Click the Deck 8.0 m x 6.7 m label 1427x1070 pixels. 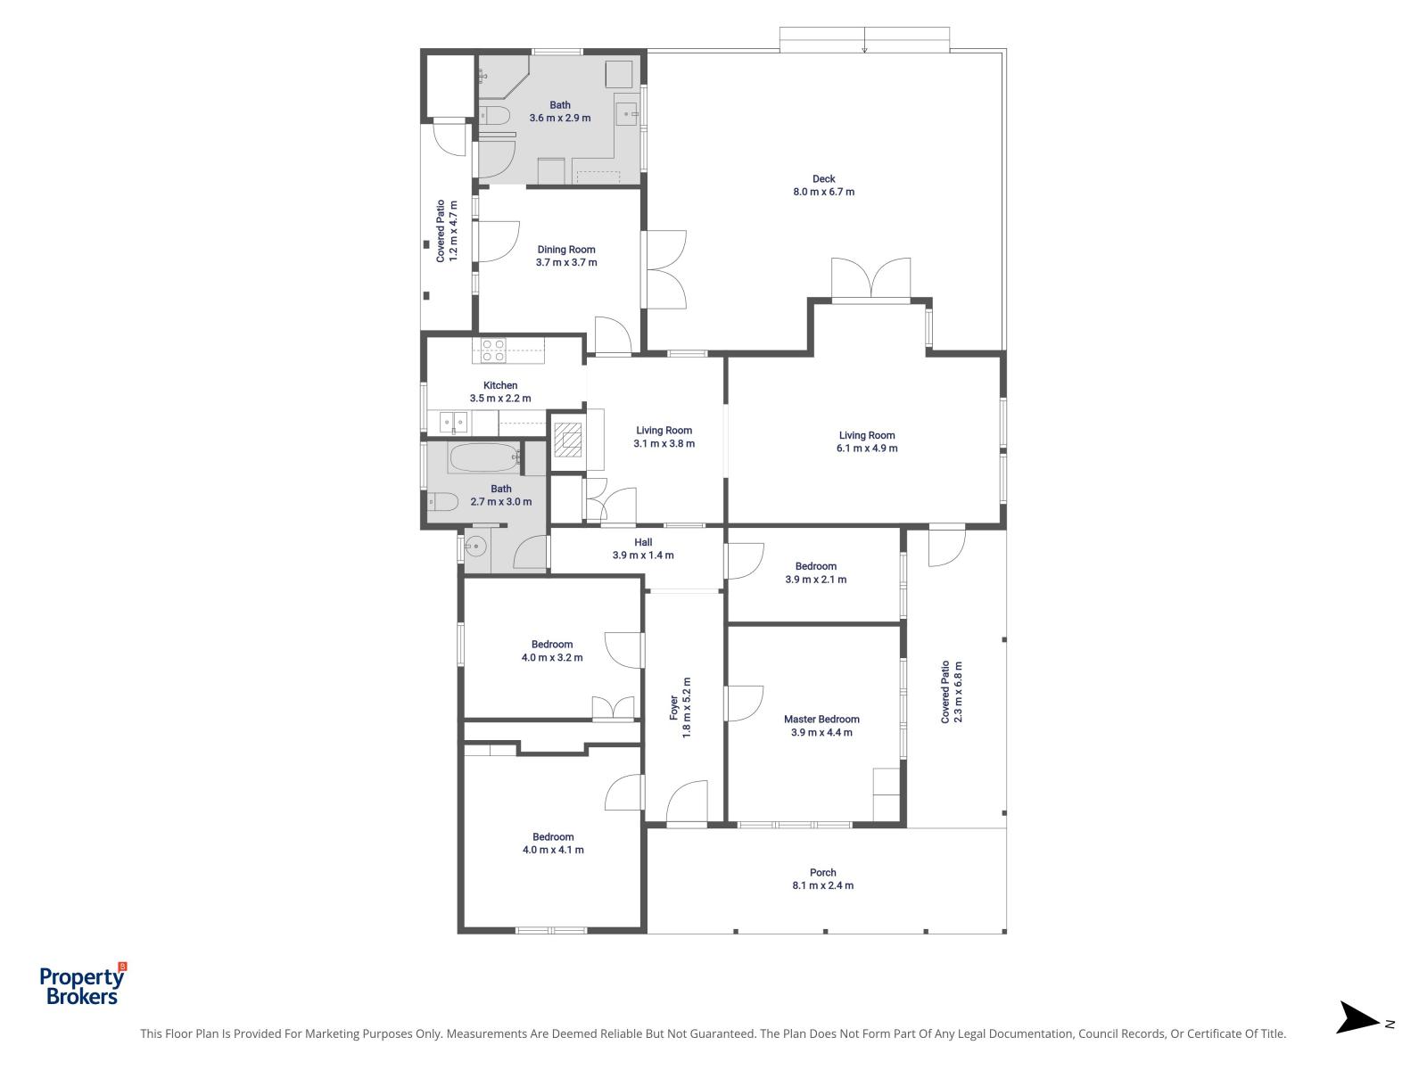coord(823,185)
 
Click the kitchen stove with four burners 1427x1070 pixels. coord(493,350)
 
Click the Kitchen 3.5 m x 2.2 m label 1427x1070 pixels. coord(500,391)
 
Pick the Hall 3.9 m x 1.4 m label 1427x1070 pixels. coord(643,548)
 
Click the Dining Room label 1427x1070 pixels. coord(566,256)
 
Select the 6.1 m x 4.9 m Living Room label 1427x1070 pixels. coord(867,441)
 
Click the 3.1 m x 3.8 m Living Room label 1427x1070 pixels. coord(664,437)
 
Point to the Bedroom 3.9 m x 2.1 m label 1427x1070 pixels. coord(815,572)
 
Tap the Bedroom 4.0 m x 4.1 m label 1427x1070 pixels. coord(553,843)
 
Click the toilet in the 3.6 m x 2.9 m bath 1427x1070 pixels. coord(493,115)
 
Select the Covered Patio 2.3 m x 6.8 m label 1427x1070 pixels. coord(952,692)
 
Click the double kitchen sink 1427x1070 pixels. coord(449,422)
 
